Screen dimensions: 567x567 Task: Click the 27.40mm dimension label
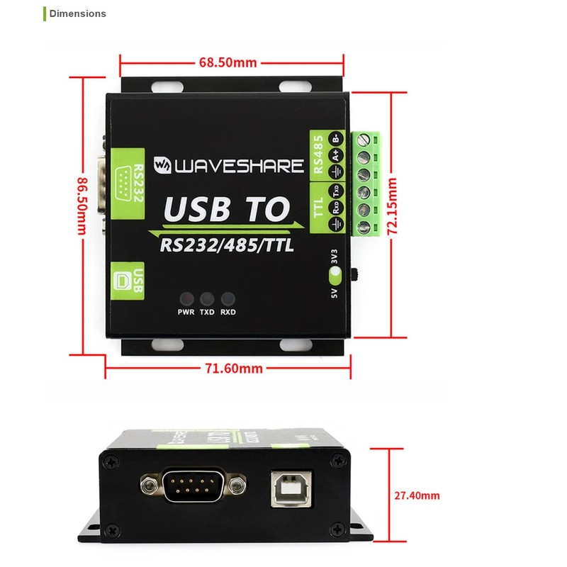417,495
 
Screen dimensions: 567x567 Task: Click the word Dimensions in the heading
78,13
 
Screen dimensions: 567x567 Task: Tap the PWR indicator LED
186,298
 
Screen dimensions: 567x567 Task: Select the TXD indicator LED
207,298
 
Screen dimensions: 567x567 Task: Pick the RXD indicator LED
228,298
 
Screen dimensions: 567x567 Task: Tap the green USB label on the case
129,280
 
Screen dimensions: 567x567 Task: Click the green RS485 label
318,154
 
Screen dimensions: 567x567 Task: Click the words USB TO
227,209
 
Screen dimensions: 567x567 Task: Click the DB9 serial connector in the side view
195,485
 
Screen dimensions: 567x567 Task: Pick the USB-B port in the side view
290,488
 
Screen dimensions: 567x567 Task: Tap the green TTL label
318,206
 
